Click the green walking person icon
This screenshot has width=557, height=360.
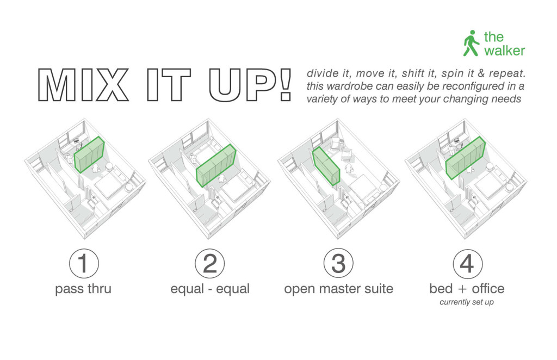point(471,44)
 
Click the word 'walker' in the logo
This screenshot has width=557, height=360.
point(504,51)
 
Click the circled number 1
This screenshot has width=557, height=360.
point(84,264)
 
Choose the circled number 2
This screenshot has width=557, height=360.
point(210,264)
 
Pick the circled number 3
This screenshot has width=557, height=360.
point(338,264)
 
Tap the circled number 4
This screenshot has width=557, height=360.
point(467,264)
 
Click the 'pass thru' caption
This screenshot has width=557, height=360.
point(84,289)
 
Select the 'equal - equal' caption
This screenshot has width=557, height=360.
point(210,289)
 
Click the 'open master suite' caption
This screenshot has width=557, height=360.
point(338,289)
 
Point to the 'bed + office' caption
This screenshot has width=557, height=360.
point(467,288)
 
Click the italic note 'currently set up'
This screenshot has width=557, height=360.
point(467,302)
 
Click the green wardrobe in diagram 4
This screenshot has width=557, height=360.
point(465,158)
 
